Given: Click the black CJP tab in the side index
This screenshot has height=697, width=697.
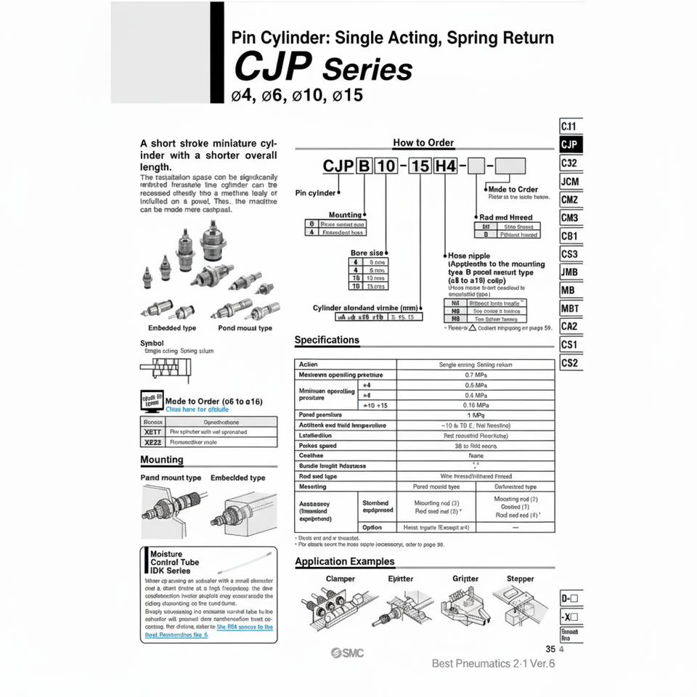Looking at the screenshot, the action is click(x=570, y=144).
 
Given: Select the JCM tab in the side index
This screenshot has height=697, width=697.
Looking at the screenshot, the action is click(x=570, y=181).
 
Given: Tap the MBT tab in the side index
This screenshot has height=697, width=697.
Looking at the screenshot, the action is click(x=570, y=309).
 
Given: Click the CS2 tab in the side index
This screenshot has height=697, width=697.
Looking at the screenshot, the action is click(x=570, y=363).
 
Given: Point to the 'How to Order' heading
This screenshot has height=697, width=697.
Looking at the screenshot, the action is click(x=423, y=143).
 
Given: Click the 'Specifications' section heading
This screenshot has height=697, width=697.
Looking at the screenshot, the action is click(x=327, y=340).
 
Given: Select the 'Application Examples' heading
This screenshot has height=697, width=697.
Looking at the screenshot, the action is click(x=345, y=561).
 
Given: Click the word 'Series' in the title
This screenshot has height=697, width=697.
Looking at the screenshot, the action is click(x=367, y=70).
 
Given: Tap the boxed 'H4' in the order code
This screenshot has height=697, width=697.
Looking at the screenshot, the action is click(x=445, y=166).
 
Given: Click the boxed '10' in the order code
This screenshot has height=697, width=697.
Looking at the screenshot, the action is click(x=387, y=166).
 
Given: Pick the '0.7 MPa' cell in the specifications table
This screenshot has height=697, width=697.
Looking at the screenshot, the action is click(x=476, y=375).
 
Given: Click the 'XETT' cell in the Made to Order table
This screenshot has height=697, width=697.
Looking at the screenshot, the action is click(x=152, y=431).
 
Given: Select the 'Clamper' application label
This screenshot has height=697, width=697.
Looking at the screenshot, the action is click(x=340, y=579).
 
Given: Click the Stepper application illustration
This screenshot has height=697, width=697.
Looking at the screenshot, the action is click(x=521, y=606).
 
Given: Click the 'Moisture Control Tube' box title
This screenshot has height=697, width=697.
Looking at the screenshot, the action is click(x=174, y=562).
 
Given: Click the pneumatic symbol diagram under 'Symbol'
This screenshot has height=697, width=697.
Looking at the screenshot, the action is click(x=166, y=368).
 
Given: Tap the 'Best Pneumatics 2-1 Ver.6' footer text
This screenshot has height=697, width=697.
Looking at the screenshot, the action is click(x=493, y=663).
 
